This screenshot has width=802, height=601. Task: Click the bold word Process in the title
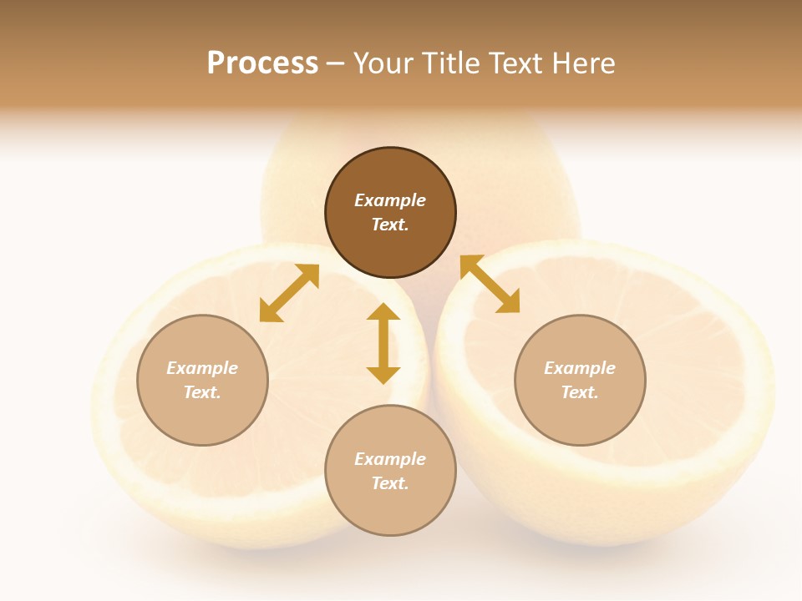click(262, 63)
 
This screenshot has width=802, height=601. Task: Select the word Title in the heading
click(454, 63)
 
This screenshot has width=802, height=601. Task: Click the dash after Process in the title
click(336, 64)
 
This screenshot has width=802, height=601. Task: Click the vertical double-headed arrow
click(383, 343)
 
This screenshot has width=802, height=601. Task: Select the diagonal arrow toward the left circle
click(289, 293)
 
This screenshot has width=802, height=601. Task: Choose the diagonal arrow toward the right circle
click(490, 285)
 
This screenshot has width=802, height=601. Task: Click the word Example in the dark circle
click(390, 200)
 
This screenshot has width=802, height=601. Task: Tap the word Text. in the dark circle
click(390, 225)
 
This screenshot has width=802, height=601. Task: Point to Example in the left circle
click(202, 368)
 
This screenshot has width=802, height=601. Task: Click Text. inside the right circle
click(580, 392)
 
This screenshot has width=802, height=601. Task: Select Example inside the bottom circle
click(390, 459)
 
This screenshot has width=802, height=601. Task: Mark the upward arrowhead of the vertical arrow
click(383, 312)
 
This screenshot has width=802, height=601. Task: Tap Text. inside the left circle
click(202, 392)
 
